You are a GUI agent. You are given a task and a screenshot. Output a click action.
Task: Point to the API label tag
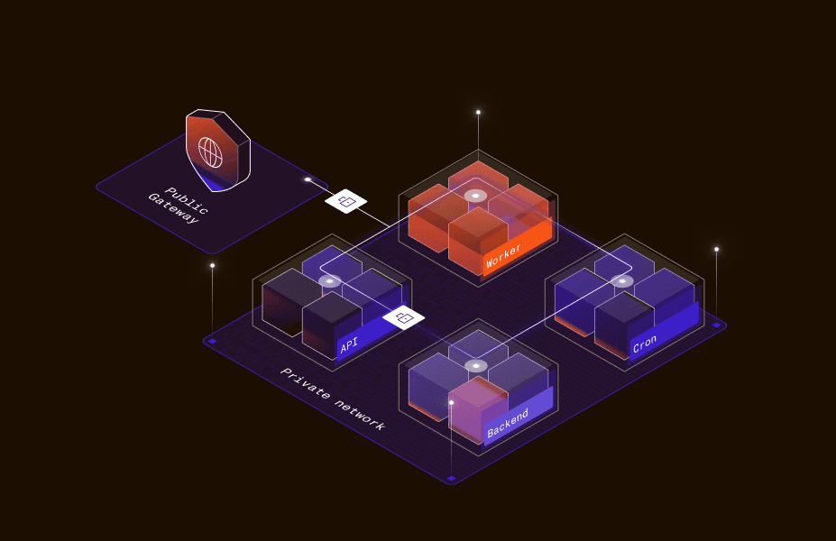[350, 345]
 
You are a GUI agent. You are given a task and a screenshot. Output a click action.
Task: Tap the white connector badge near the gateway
[345, 201]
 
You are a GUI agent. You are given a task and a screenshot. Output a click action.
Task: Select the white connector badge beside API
[403, 317]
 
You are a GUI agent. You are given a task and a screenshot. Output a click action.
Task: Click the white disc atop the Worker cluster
[475, 196]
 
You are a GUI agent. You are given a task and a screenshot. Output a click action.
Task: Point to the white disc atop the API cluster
[330, 281]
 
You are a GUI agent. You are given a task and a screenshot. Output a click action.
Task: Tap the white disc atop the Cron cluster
[621, 281]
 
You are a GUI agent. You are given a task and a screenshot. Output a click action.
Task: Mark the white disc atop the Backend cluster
[475, 365]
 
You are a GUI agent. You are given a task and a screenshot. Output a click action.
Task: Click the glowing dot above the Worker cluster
[478, 113]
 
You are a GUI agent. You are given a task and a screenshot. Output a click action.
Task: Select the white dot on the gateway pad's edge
[308, 179]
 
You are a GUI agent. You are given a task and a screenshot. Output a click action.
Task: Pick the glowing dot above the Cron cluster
[716, 249]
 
